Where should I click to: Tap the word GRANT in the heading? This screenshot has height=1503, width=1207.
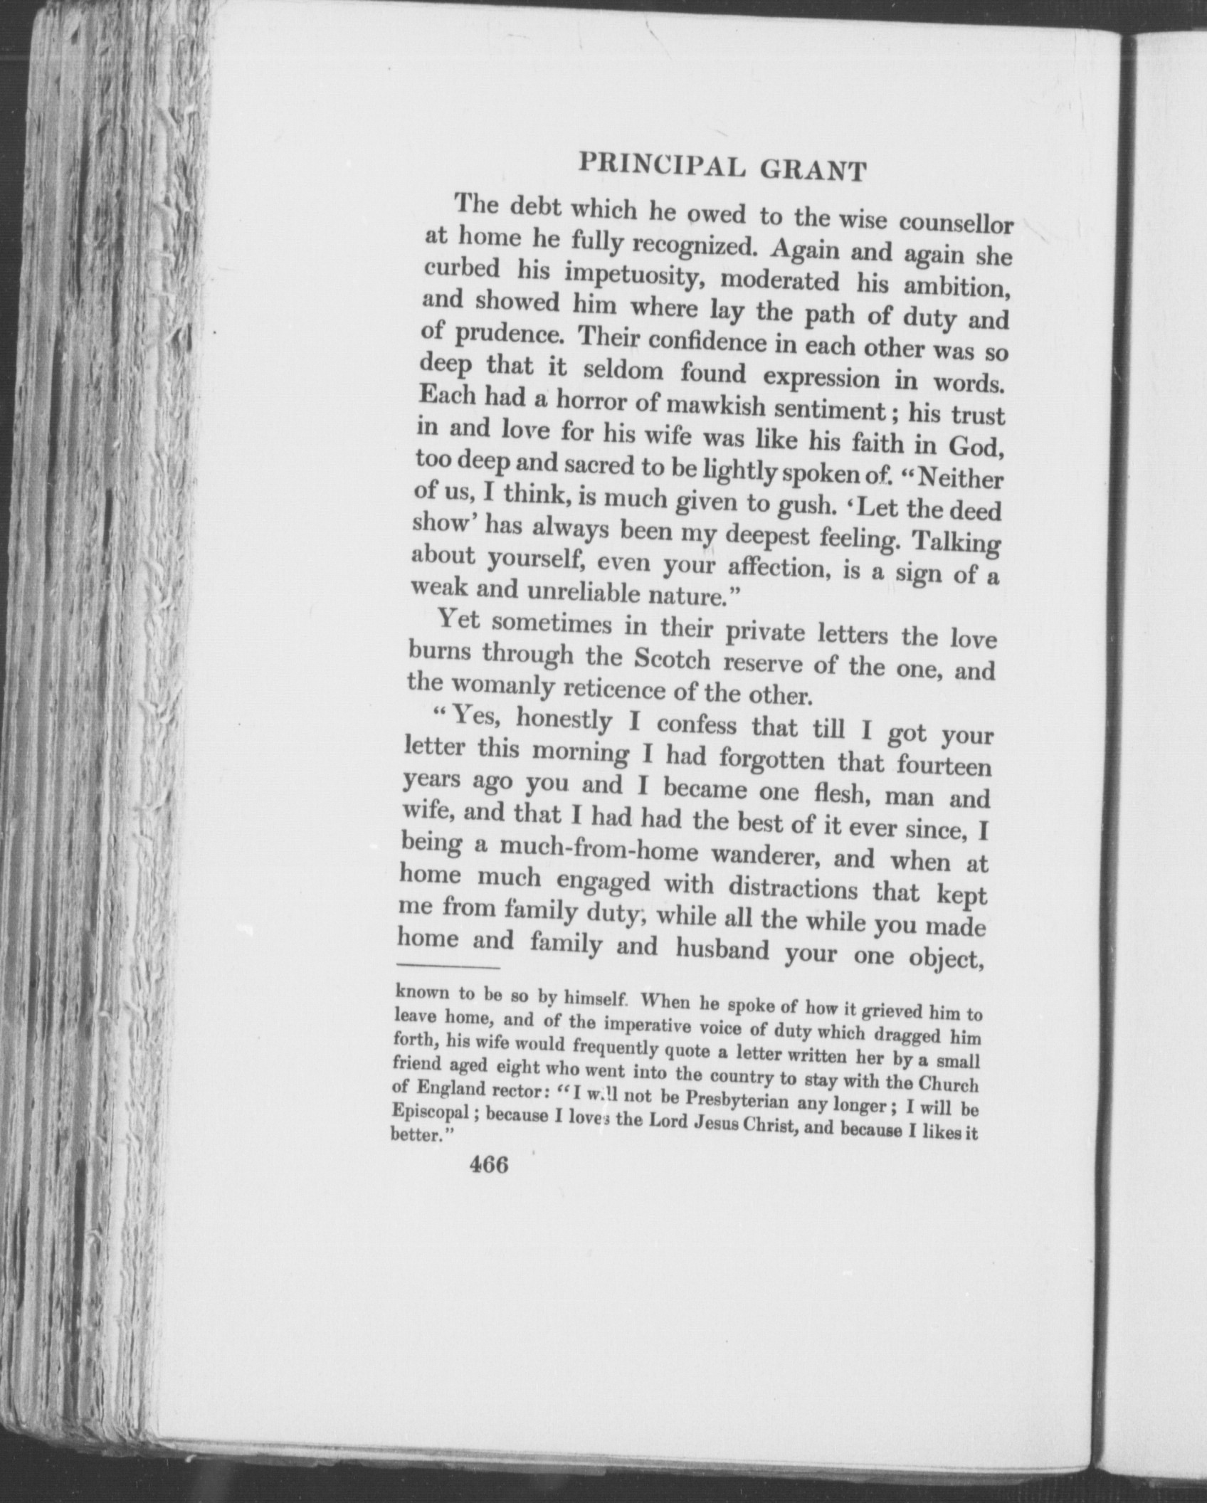tap(813, 171)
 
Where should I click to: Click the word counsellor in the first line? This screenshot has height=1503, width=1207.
tap(956, 222)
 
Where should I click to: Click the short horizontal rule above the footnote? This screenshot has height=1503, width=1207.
tap(449, 967)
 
